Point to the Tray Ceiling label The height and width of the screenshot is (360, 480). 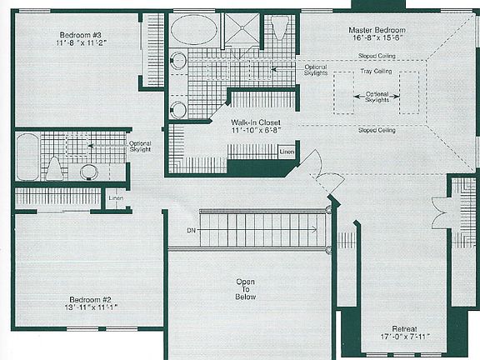coord(377,71)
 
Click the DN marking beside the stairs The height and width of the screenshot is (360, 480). coord(191,229)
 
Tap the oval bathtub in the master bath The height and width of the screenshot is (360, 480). coord(194,30)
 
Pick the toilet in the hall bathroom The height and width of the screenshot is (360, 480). coord(55,169)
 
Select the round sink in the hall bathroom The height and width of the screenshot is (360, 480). coord(89,172)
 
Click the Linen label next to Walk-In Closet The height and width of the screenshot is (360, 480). coord(286,152)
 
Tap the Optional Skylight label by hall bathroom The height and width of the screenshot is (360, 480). coord(140,147)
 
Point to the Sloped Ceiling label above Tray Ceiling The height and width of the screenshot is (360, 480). coord(377,56)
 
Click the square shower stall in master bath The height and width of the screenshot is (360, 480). coord(242,30)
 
